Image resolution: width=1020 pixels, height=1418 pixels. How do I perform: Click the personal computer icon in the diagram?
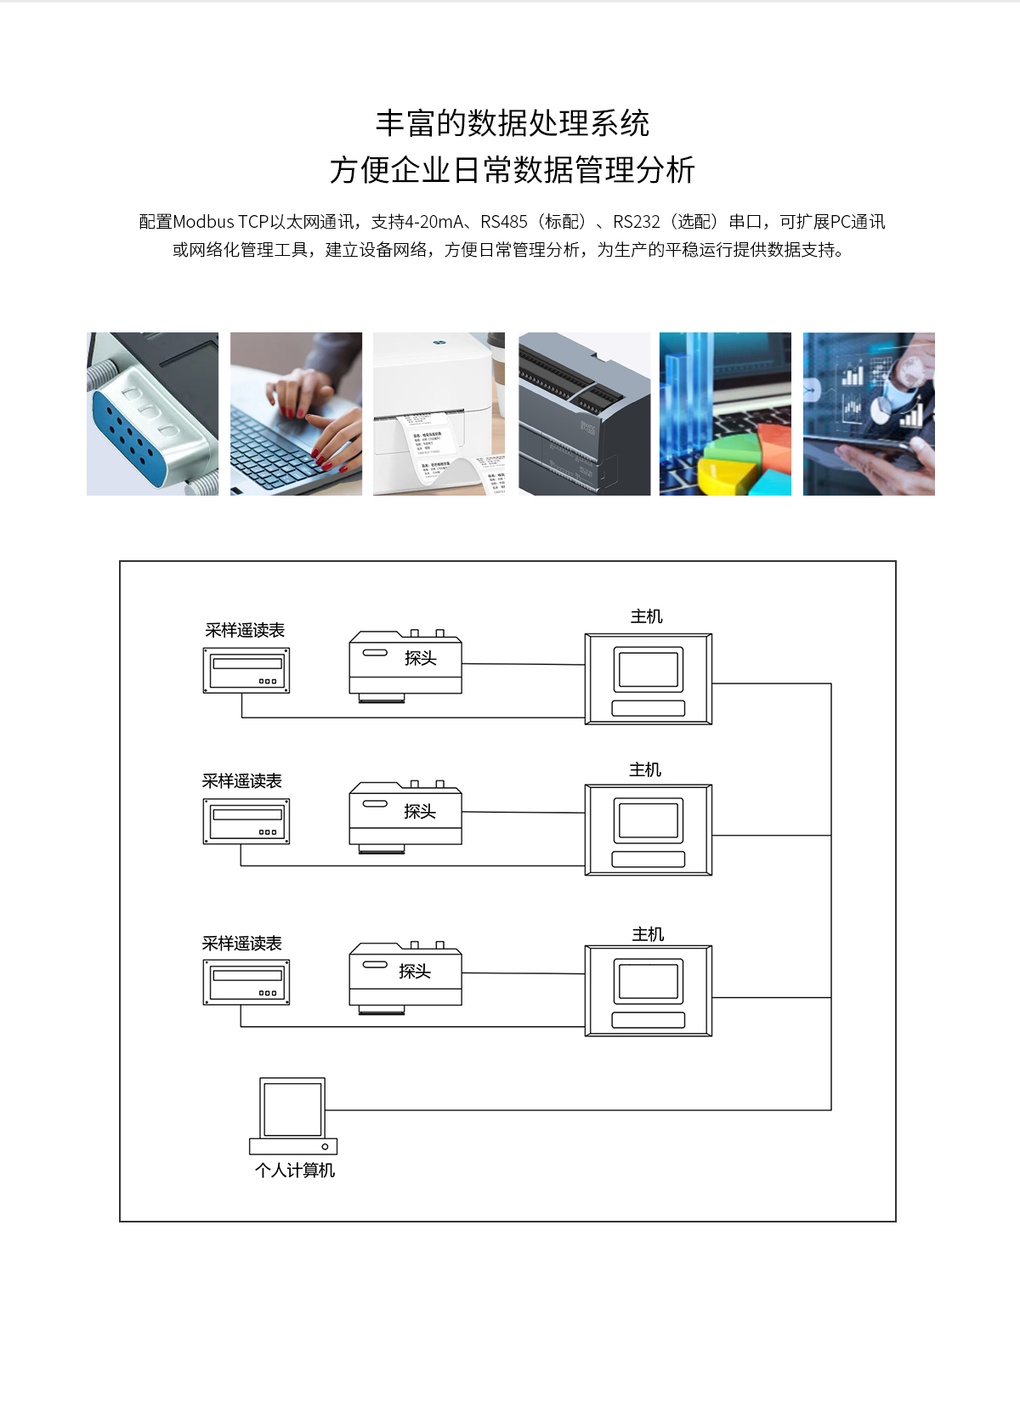pyautogui.click(x=292, y=1115)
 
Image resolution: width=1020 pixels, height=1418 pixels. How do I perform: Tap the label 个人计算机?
pyautogui.click(x=294, y=1171)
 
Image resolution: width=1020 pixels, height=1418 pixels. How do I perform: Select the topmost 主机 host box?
pyautogui.click(x=648, y=678)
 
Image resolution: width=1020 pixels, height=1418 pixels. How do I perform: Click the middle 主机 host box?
pyautogui.click(x=648, y=830)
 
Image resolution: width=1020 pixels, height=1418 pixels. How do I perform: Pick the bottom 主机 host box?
pyautogui.click(x=648, y=990)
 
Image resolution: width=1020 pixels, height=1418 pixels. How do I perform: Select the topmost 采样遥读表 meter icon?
pyautogui.click(x=246, y=671)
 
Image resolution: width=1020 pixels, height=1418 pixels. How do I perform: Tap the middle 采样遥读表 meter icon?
pyautogui.click(x=246, y=821)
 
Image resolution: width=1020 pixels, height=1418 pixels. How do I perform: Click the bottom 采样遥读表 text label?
pyautogui.click(x=241, y=944)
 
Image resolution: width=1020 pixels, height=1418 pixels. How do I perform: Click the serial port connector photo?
pyautogui.click(x=152, y=414)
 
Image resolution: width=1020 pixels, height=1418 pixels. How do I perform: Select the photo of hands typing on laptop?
pyautogui.click(x=296, y=414)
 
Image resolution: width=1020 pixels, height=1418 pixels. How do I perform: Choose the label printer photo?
pyautogui.click(x=439, y=414)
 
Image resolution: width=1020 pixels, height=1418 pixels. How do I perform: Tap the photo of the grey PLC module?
pyautogui.click(x=584, y=414)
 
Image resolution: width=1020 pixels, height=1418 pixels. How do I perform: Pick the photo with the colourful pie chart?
pyautogui.click(x=725, y=414)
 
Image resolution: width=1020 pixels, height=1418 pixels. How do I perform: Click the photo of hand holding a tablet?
pyautogui.click(x=869, y=414)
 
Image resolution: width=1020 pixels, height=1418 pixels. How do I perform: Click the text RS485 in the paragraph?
pyautogui.click(x=504, y=222)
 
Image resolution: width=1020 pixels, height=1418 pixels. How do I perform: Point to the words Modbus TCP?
pyautogui.click(x=220, y=222)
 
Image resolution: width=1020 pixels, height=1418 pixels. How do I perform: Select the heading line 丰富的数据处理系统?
pyautogui.click(x=512, y=123)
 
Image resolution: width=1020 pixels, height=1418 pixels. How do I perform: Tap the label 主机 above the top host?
pyautogui.click(x=646, y=616)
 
